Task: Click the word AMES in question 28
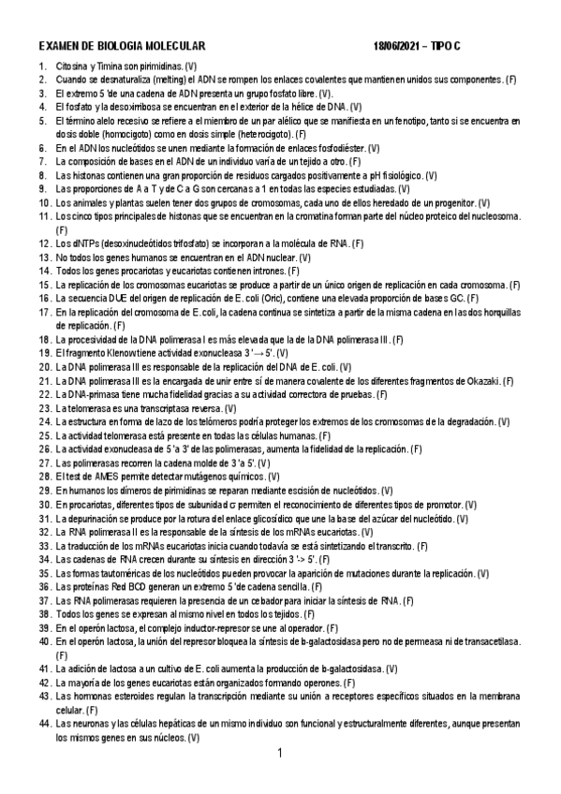tap(104, 477)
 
